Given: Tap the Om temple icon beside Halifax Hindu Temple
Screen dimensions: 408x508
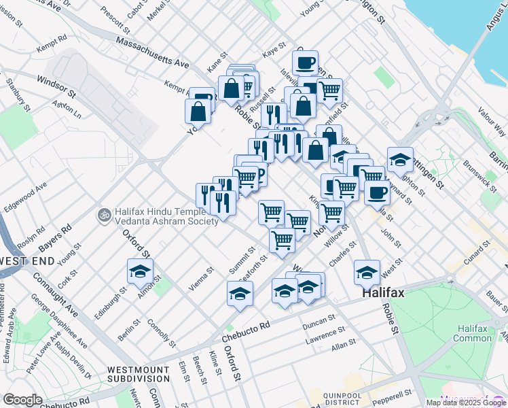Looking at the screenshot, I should (x=104, y=215).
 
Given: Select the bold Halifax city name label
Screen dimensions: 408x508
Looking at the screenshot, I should (x=383, y=293).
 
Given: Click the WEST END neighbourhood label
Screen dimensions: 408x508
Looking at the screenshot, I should (x=28, y=261).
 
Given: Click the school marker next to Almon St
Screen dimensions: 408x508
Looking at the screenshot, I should (x=140, y=271).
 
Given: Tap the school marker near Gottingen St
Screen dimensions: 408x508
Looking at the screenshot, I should (x=401, y=159).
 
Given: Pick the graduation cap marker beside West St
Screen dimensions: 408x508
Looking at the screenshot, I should (x=367, y=272).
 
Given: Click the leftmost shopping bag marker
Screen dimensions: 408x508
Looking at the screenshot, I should (x=198, y=111).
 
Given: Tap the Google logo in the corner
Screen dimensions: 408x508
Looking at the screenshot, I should (x=22, y=400).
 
